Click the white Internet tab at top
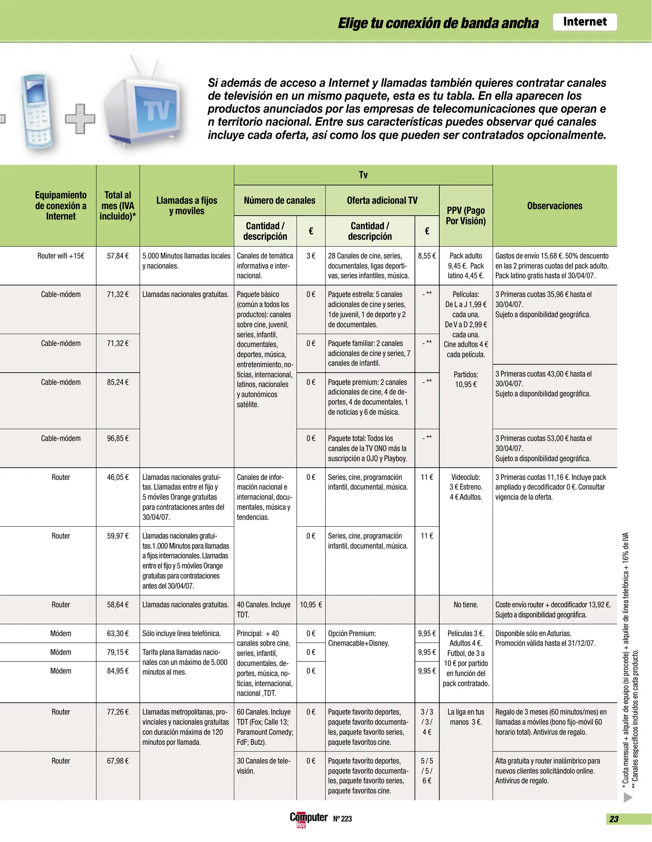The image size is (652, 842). pyautogui.click(x=584, y=22)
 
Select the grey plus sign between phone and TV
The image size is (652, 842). pyautogui.click(x=80, y=119)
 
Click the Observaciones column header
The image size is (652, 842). pyautogui.click(x=554, y=206)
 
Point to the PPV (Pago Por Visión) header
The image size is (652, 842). pyautogui.click(x=465, y=216)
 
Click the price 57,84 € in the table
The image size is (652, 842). pyautogui.click(x=118, y=256)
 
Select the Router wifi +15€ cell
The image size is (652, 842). pyautogui.click(x=61, y=256)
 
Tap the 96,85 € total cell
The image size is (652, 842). pyautogui.click(x=118, y=439)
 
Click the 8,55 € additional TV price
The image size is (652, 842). pyautogui.click(x=426, y=256)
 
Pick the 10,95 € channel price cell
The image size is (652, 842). pyautogui.click(x=310, y=605)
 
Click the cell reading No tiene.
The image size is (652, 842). pyautogui.click(x=465, y=605)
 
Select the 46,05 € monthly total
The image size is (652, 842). pyautogui.click(x=118, y=478)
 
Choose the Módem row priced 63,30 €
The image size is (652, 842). pyautogui.click(x=61, y=633)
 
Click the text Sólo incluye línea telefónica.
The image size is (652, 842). pyautogui.click(x=182, y=633)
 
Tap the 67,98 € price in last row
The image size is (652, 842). pyautogui.click(x=118, y=761)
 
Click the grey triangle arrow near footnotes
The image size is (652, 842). pyautogui.click(x=627, y=798)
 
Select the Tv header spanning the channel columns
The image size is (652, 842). pyautogui.click(x=363, y=175)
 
